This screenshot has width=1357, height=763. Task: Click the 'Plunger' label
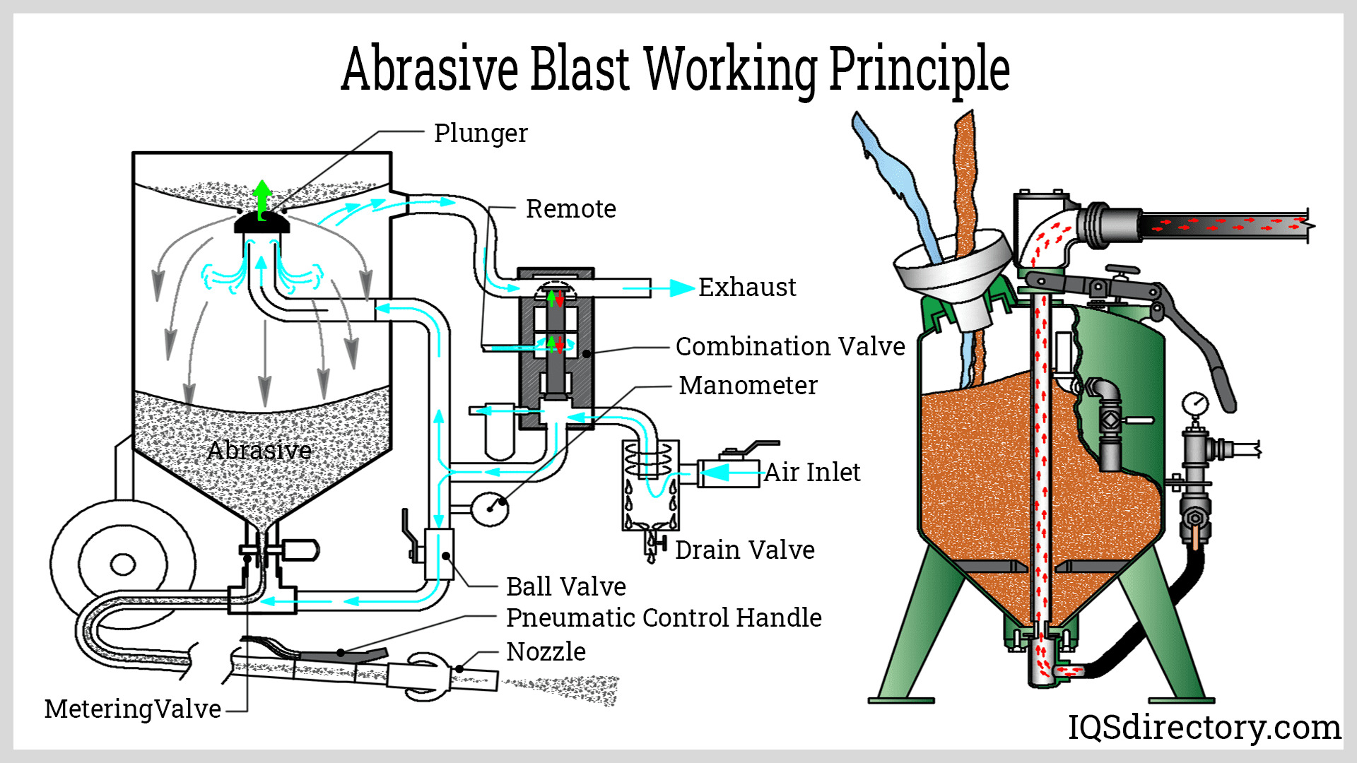click(480, 133)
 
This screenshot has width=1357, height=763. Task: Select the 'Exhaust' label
click(746, 288)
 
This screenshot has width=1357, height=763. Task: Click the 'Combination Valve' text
click(789, 346)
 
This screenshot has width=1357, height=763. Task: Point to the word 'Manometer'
click(748, 385)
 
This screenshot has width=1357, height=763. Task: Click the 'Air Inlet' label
click(812, 472)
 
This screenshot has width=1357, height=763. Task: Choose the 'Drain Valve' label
click(744, 550)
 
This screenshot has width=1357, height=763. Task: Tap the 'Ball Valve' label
click(565, 586)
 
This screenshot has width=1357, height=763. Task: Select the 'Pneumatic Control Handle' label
click(663, 617)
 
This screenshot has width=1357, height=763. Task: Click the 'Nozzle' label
click(546, 651)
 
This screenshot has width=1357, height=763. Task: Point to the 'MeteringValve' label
click(132, 709)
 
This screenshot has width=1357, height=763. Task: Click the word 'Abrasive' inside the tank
click(259, 450)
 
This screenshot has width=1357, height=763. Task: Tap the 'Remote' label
click(570, 209)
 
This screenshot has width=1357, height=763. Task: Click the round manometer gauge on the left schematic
click(489, 507)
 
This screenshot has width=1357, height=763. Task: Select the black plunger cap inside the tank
click(262, 223)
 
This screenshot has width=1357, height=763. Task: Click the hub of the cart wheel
click(123, 565)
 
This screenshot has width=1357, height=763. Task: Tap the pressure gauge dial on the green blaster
click(1195, 404)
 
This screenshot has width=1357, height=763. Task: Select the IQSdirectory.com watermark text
click(1204, 727)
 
